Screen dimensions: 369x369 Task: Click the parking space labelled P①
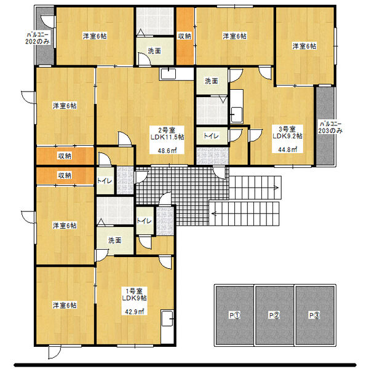[x=234, y=315]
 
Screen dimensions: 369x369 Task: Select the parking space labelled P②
[x=274, y=315]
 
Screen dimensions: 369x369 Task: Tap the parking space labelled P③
[x=315, y=315]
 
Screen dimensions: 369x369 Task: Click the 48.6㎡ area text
[x=167, y=151]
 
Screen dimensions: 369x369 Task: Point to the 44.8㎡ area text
[x=287, y=149]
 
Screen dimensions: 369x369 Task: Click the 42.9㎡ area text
[x=134, y=312]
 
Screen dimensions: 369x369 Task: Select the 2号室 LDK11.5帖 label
[x=167, y=133]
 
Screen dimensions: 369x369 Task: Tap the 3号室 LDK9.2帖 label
[x=287, y=132]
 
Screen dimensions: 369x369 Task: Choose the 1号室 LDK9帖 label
[x=134, y=295]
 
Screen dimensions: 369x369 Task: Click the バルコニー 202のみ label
[x=38, y=38]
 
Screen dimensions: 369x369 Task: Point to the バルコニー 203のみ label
[x=330, y=127]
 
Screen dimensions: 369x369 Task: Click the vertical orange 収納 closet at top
[x=185, y=36]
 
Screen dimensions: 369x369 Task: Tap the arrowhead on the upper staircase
[x=276, y=188]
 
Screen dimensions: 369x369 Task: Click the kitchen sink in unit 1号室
[x=167, y=319]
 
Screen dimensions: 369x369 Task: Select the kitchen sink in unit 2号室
[x=168, y=74]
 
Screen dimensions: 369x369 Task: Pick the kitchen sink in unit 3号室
[x=237, y=115]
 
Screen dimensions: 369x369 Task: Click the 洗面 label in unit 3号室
[x=212, y=81]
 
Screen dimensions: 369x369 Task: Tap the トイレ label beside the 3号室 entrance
[x=211, y=136]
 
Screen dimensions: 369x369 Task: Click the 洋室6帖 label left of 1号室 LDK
[x=65, y=306]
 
